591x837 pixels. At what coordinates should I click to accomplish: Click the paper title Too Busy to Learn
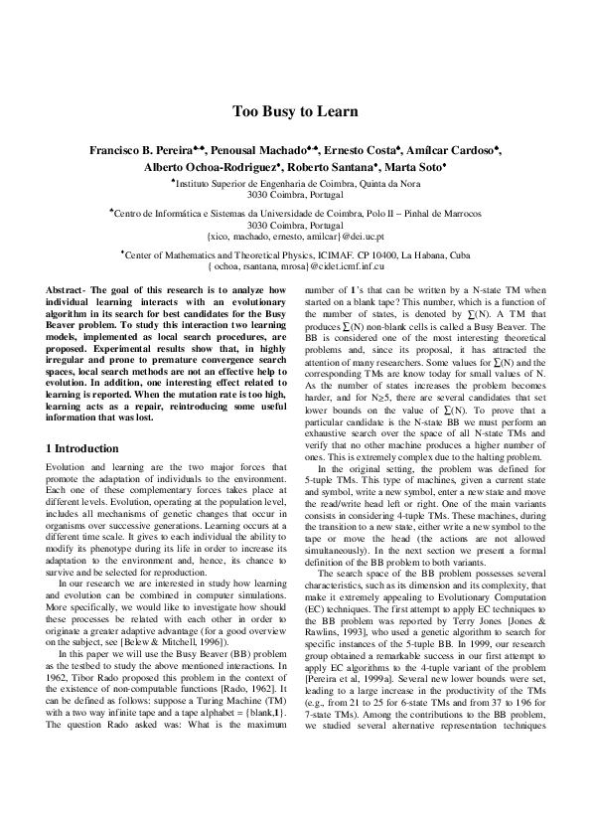point(295,111)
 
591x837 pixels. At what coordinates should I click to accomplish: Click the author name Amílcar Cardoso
point(451,150)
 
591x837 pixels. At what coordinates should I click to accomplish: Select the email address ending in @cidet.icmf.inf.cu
point(295,267)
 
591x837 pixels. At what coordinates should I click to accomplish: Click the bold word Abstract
point(67,289)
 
